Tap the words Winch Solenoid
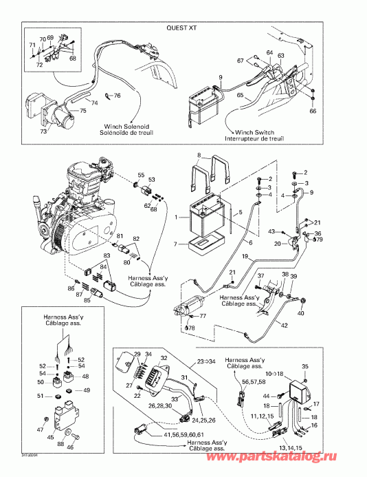123,126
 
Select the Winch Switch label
255,131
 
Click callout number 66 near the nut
313,110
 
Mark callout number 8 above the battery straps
199,155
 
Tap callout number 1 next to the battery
177,218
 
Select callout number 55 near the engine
141,175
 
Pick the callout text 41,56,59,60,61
164,435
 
